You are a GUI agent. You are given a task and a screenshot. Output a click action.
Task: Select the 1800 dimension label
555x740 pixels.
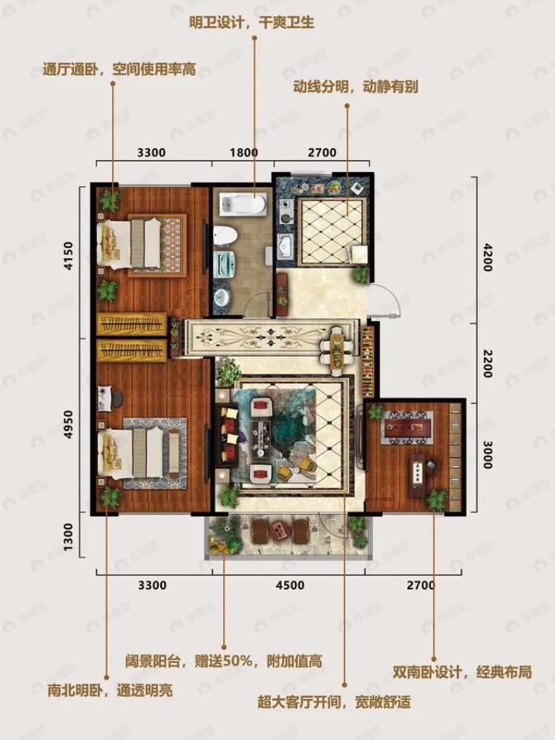click(x=243, y=153)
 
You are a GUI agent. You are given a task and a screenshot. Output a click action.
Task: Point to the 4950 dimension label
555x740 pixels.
click(x=69, y=424)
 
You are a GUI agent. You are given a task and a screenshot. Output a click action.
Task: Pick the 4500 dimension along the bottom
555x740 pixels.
click(x=290, y=585)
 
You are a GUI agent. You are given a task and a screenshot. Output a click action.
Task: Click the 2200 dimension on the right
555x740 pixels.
click(x=487, y=363)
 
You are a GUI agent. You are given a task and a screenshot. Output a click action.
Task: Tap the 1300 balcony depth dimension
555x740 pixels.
click(x=69, y=536)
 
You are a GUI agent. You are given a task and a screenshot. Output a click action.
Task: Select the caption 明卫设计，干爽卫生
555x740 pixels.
click(x=252, y=23)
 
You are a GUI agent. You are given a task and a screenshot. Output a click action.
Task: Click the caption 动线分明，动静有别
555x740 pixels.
click(x=355, y=87)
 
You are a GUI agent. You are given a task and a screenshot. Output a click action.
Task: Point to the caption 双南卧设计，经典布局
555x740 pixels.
click(x=462, y=672)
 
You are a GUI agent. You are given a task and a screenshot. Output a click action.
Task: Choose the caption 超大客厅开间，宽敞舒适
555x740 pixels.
click(x=334, y=702)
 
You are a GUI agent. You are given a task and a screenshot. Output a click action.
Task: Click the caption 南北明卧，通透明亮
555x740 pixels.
click(x=110, y=691)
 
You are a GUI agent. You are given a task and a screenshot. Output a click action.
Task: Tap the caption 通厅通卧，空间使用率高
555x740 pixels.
click(x=119, y=70)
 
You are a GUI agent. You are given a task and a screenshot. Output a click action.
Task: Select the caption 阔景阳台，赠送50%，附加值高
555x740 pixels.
click(x=223, y=661)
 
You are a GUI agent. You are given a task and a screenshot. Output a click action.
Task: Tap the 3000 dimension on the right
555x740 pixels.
click(x=487, y=454)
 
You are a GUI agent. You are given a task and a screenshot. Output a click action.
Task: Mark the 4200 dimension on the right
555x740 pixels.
click(x=487, y=257)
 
